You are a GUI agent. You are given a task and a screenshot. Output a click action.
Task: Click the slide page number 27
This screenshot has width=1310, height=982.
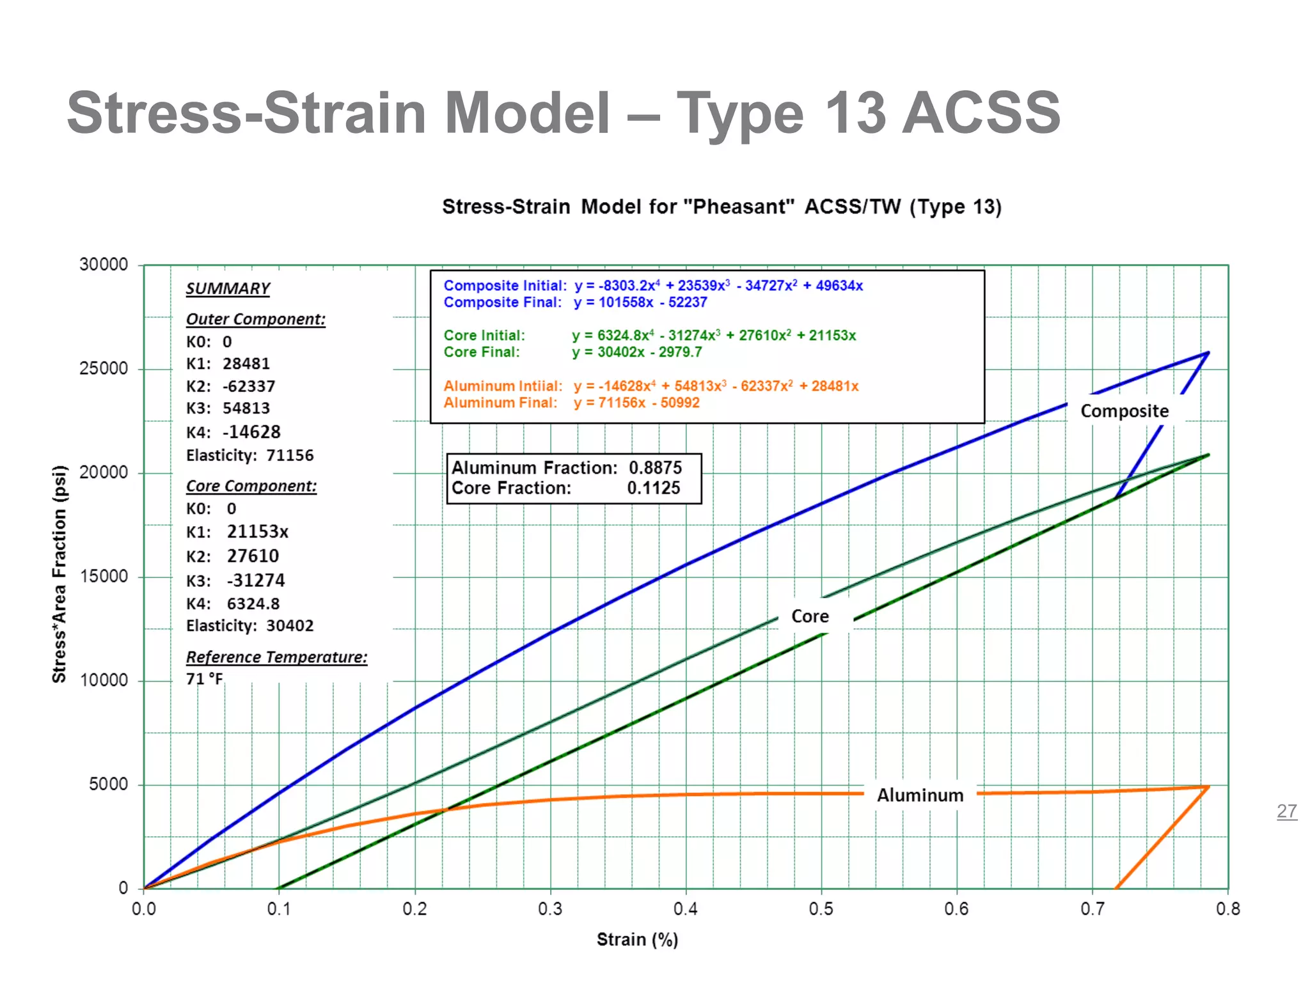tap(1286, 811)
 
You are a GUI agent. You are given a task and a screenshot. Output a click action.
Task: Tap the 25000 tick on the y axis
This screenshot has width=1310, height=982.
tap(104, 369)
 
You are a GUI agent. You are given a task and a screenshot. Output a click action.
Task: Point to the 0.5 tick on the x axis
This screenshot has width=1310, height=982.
tap(821, 909)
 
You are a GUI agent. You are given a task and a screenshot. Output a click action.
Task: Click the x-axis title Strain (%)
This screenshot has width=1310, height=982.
tap(637, 940)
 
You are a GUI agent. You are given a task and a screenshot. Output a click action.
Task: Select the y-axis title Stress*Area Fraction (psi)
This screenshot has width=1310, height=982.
tap(59, 574)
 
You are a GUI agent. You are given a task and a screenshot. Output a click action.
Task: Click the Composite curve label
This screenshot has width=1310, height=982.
tap(1125, 411)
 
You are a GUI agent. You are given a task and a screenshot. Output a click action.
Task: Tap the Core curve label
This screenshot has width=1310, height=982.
tap(810, 616)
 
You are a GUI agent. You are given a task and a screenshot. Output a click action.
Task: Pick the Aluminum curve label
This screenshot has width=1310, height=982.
tap(920, 795)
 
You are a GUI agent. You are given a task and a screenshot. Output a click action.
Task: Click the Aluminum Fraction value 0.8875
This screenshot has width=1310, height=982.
tap(655, 468)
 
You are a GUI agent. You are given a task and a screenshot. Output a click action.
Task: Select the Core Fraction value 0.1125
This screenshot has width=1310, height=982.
tap(653, 488)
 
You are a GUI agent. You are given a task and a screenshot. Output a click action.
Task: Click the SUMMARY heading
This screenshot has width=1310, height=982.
tap(228, 289)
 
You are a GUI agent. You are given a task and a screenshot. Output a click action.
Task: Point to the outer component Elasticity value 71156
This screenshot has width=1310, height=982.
tap(290, 456)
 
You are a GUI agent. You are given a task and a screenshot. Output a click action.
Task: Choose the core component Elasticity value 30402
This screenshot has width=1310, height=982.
tap(290, 626)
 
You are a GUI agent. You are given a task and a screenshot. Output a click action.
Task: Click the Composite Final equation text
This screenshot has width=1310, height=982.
tap(640, 302)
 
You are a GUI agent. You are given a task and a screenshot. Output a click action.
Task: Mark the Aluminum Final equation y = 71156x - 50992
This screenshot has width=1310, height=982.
tap(636, 403)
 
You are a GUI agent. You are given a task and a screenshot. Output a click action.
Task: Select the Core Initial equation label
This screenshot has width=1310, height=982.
tap(484, 336)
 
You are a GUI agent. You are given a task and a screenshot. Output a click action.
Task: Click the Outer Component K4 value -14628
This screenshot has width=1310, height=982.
tap(251, 432)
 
